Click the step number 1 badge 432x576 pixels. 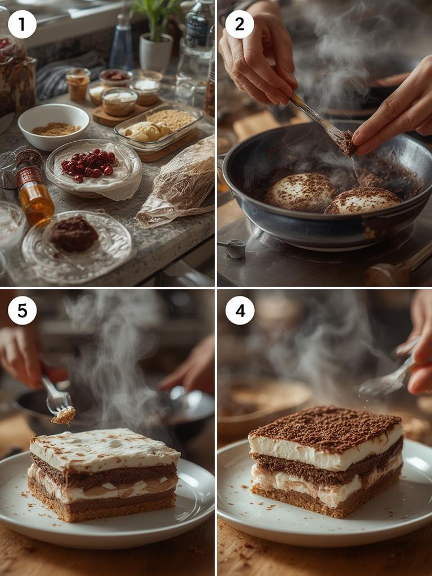tap(22, 24)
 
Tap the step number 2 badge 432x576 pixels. tap(240, 24)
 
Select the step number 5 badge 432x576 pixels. tap(22, 310)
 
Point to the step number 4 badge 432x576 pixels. tap(240, 310)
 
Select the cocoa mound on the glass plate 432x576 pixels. tap(74, 234)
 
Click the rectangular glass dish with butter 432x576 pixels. tap(159, 127)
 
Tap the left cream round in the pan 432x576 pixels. tap(301, 191)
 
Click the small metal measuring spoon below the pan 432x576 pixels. tap(234, 248)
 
